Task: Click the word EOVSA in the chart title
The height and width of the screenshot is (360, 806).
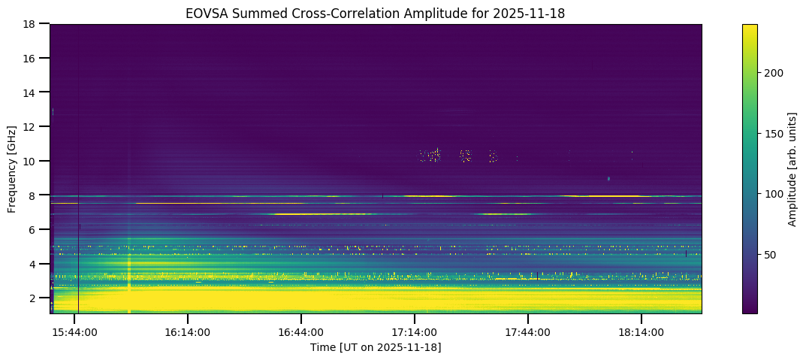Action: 205,13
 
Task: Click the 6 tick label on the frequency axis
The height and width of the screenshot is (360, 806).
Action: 35,229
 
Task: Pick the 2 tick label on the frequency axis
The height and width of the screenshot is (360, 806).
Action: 35,298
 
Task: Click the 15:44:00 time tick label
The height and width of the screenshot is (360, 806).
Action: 74,331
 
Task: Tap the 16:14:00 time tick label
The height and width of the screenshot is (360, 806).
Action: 188,331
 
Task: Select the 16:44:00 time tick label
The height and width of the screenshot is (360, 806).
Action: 301,331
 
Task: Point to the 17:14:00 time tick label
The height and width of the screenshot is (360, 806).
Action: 415,331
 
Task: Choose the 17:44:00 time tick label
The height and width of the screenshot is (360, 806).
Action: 528,331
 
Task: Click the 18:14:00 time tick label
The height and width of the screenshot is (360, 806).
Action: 641,331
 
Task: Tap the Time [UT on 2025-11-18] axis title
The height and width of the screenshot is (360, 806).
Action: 376,347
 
